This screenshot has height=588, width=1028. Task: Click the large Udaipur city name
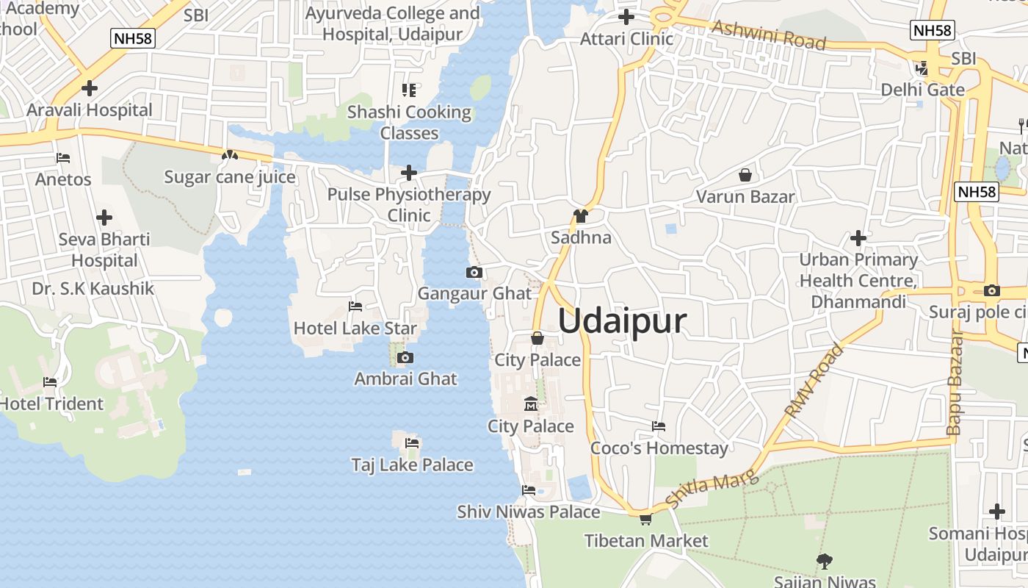click(622, 322)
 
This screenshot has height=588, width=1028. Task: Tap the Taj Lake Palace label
click(412, 465)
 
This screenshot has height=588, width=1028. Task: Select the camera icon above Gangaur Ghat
click(474, 273)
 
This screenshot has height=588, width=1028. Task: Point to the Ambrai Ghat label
click(405, 379)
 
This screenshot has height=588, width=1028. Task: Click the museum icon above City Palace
click(530, 404)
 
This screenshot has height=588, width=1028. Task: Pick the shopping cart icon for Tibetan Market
click(645, 520)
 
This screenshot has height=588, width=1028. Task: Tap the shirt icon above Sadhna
click(581, 216)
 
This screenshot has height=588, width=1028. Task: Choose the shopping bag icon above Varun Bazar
click(745, 175)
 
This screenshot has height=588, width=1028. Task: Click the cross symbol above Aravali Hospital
click(90, 88)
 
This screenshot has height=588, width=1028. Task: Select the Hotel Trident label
click(51, 404)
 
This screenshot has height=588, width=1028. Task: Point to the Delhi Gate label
click(922, 90)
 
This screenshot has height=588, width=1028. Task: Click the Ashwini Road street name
click(769, 35)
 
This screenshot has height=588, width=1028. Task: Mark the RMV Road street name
click(814, 381)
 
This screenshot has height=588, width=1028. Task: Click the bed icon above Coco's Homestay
click(659, 426)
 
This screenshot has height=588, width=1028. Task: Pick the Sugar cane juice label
click(229, 177)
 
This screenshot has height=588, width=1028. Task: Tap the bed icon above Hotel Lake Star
click(355, 306)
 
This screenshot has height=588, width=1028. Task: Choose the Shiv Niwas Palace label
click(528, 512)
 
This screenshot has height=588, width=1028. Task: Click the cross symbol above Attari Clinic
click(626, 16)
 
